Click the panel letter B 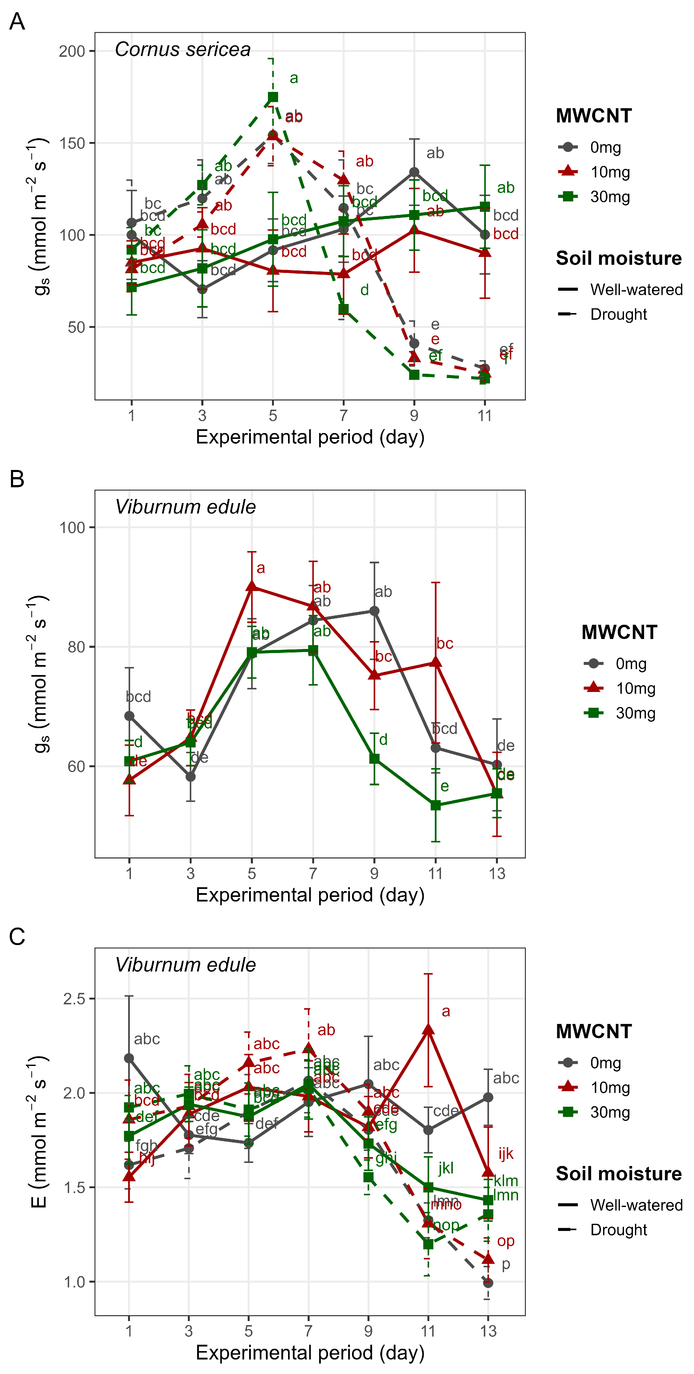tap(17, 479)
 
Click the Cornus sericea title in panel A tap(182, 50)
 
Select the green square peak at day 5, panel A tap(273, 96)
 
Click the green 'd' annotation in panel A tap(364, 290)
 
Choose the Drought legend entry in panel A tap(618, 314)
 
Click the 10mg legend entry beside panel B tap(635, 689)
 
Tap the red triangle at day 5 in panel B tap(252, 586)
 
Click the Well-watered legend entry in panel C tap(636, 1205)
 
